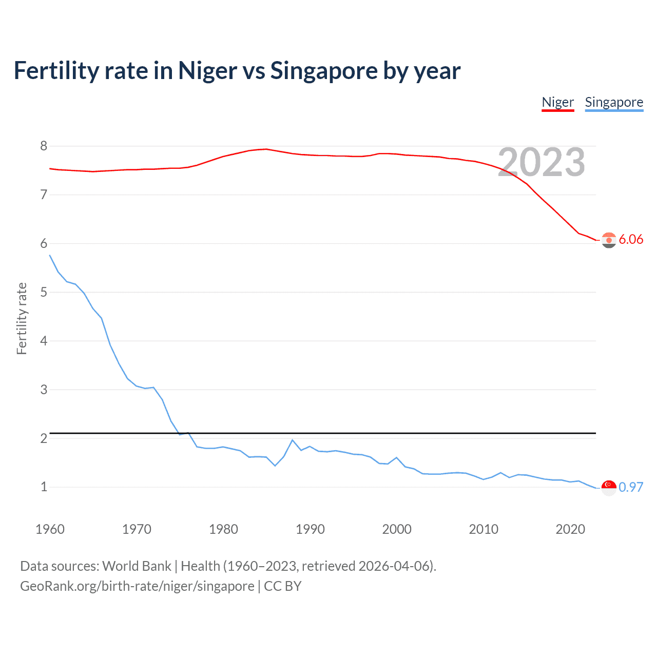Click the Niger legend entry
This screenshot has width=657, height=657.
[557, 102]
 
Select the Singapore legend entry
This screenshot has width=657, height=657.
[614, 102]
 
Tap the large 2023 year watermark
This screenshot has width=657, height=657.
[541, 162]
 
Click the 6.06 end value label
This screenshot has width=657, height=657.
[631, 240]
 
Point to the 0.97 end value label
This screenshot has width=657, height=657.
[631, 487]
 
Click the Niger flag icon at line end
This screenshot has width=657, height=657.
[609, 240]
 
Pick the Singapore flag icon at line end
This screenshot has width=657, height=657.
[609, 488]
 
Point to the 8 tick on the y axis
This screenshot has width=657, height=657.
[44, 146]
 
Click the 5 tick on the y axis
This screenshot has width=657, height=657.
[44, 293]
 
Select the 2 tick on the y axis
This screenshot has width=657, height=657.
[44, 438]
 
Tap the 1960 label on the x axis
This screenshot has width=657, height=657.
[50, 529]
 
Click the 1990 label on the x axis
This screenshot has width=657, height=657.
[310, 529]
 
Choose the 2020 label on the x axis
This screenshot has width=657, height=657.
[570, 529]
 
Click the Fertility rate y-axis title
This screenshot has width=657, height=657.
[22, 318]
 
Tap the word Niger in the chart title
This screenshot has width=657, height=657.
[207, 71]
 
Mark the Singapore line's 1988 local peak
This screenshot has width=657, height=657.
[293, 440]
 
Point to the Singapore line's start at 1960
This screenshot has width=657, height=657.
[50, 255]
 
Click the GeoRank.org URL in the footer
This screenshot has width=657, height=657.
[137, 586]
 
